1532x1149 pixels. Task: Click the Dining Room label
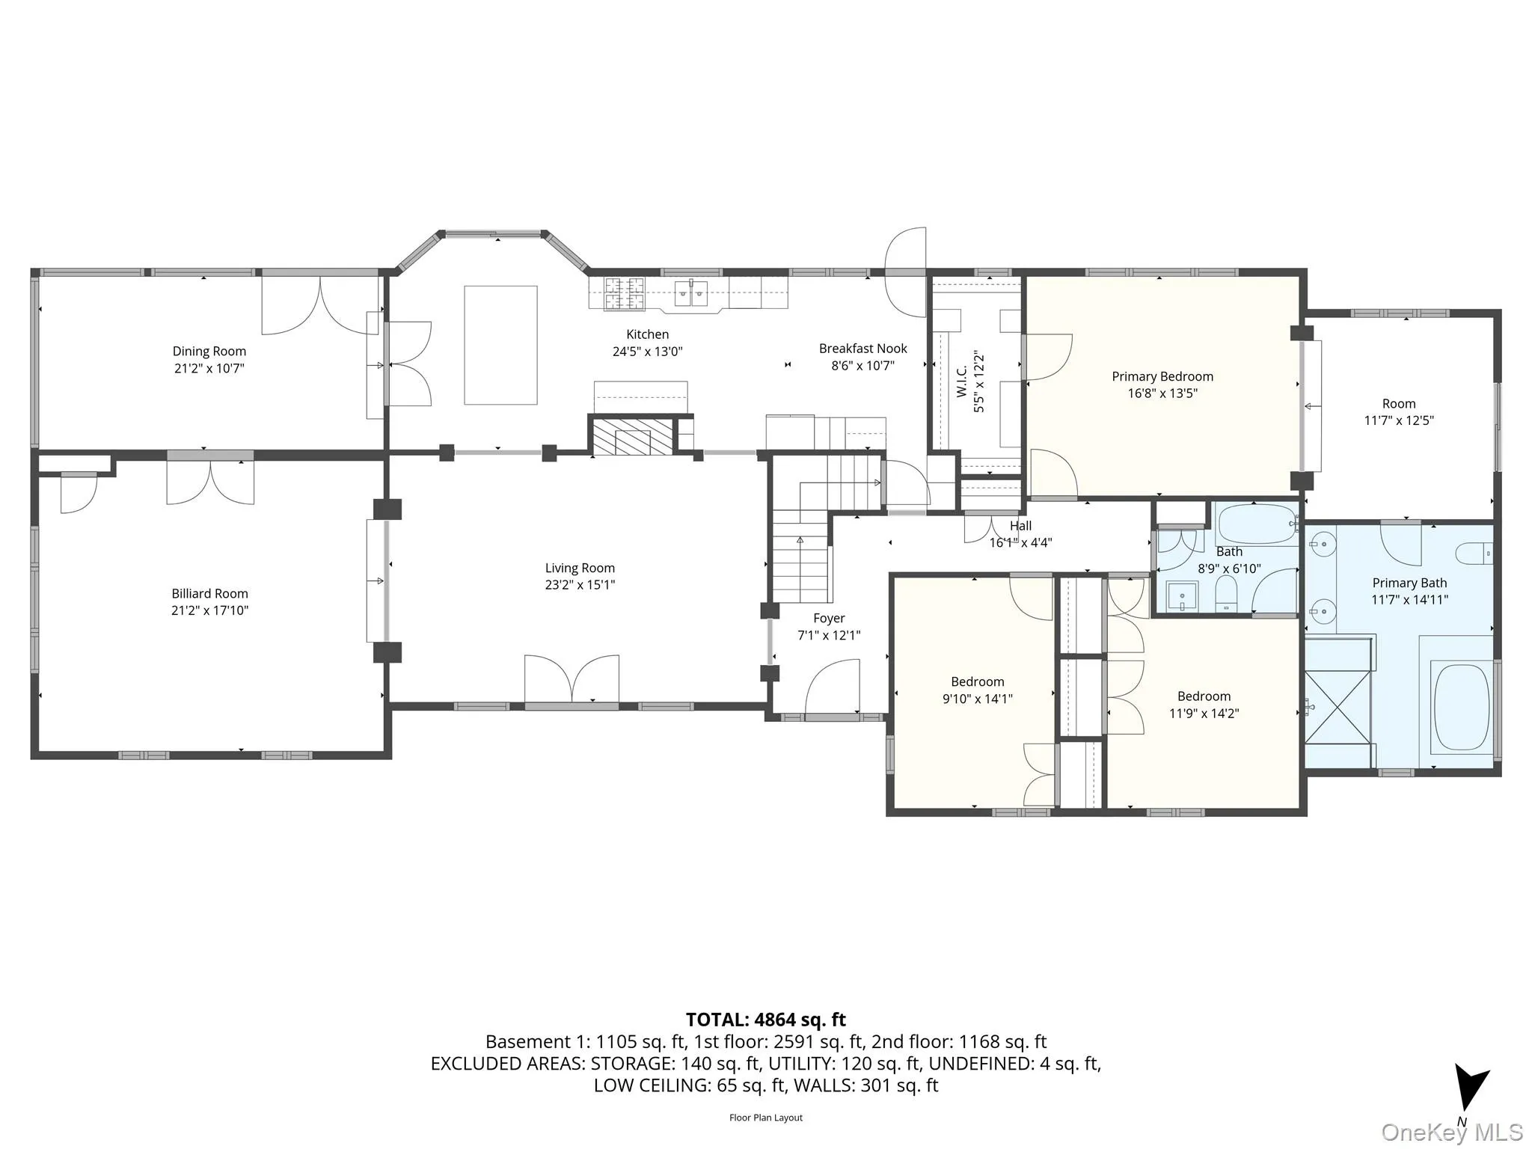point(209,351)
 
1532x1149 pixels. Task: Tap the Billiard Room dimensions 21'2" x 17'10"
point(209,610)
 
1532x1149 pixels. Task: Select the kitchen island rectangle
point(500,345)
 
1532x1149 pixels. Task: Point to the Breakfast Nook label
point(862,349)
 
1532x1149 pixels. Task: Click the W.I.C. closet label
point(962,382)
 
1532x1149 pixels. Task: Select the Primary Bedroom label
point(1162,376)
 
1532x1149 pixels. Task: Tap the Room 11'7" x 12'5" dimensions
point(1398,420)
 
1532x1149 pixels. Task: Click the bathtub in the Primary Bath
point(1462,707)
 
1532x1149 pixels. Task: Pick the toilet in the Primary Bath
point(1473,554)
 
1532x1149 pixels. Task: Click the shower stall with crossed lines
point(1338,708)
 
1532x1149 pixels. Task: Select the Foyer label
point(829,618)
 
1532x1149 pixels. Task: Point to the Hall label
point(1020,526)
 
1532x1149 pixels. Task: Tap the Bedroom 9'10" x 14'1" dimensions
point(977,699)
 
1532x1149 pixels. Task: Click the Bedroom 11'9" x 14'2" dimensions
point(1204,714)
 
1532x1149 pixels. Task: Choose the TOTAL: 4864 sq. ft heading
point(765,1020)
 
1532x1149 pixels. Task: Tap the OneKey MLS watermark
point(1451,1133)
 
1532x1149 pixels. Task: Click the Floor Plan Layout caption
point(765,1118)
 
